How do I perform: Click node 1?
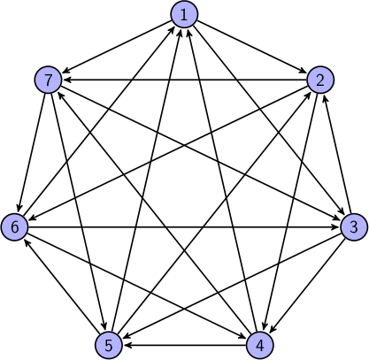pyautogui.click(x=184, y=14)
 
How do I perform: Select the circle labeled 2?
pyautogui.click(x=320, y=80)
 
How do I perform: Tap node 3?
pyautogui.click(x=354, y=227)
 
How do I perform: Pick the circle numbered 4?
pyautogui.click(x=260, y=345)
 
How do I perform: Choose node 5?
pyautogui.click(x=109, y=345)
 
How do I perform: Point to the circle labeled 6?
pyautogui.click(x=14, y=227)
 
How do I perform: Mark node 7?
pyautogui.click(x=49, y=80)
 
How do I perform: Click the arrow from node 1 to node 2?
pyautogui.click(x=251, y=47)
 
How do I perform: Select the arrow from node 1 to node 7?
pyautogui.click(x=117, y=47)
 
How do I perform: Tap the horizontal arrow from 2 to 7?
pyautogui.click(x=184, y=80)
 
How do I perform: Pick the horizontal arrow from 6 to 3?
pyautogui.click(x=184, y=227)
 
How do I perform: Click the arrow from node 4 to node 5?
pyautogui.click(x=185, y=345)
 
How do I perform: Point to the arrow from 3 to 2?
pyautogui.click(x=337, y=154)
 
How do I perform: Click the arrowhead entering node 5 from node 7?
pyautogui.click(x=104, y=326)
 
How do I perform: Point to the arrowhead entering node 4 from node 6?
pyautogui.click(x=242, y=337)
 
